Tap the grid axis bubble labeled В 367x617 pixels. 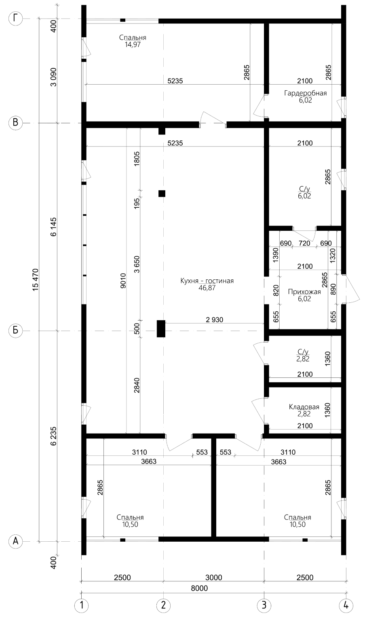[15, 122]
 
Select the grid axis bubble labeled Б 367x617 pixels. [15, 330]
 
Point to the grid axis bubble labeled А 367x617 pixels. [15, 541]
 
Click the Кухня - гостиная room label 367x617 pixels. [207, 281]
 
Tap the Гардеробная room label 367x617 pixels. [306, 93]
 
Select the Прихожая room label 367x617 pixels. [304, 291]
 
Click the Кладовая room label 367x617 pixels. [304, 407]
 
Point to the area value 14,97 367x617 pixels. [133, 45]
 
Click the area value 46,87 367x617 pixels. [207, 288]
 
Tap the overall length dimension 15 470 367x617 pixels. [36, 280]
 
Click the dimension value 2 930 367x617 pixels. [215, 320]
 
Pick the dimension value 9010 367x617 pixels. [123, 281]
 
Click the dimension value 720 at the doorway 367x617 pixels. [304, 243]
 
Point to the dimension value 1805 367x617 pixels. [137, 158]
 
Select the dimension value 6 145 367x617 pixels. [53, 227]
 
